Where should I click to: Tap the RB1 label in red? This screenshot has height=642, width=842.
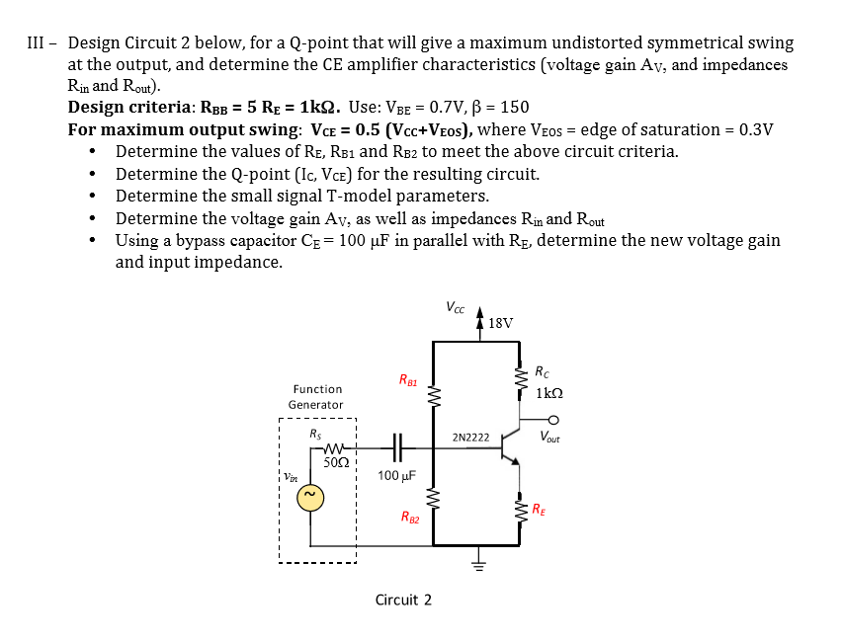tap(408, 379)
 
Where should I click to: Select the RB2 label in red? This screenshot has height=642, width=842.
tap(410, 516)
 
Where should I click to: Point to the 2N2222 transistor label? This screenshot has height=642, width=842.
tap(470, 436)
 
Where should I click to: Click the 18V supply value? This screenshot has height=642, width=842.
tap(501, 322)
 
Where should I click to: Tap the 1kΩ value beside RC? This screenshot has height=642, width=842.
tap(549, 393)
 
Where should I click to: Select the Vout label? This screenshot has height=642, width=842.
tap(550, 436)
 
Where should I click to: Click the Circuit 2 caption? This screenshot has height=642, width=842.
tap(403, 600)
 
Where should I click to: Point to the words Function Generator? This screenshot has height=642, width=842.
tap(316, 397)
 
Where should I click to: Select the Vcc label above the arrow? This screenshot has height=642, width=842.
tap(457, 306)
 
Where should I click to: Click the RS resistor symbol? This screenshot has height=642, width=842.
tap(319, 446)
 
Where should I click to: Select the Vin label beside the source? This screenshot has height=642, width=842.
tap(290, 475)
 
